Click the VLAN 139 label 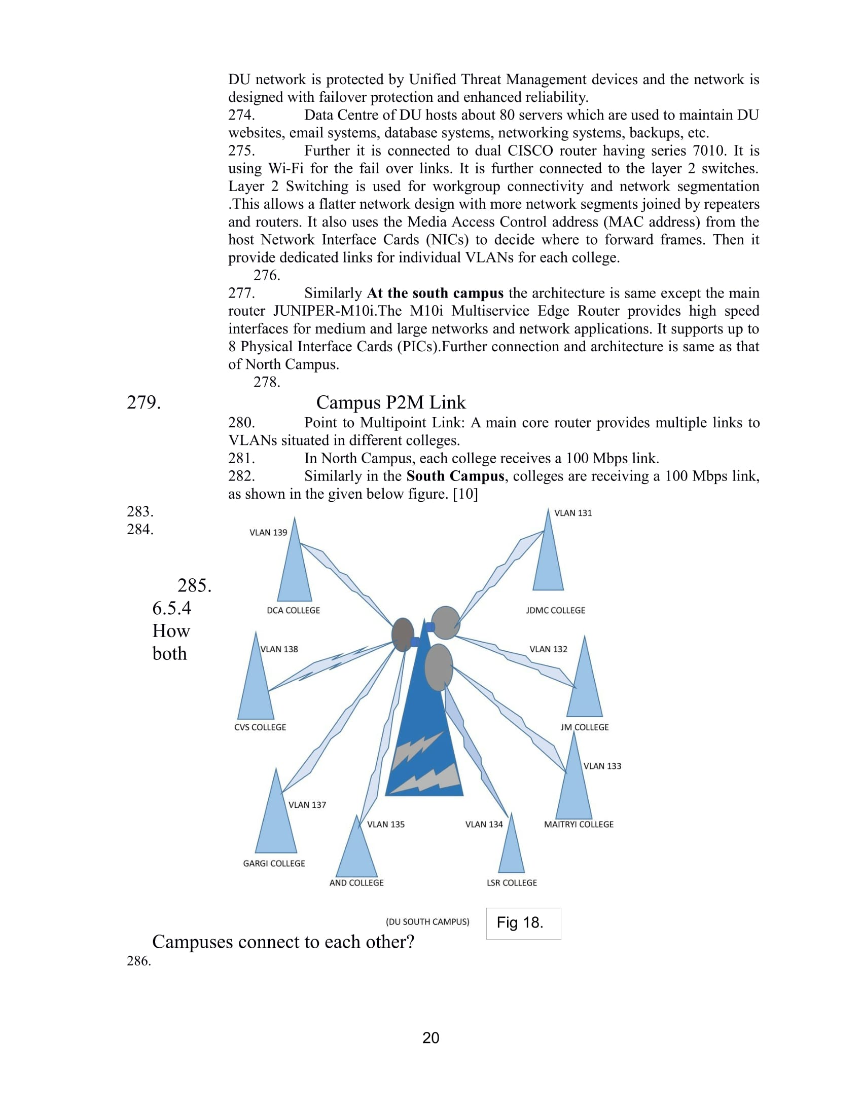[268, 533]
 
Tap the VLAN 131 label [573, 513]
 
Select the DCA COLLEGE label [293, 610]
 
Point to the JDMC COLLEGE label [556, 610]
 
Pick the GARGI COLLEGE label [274, 863]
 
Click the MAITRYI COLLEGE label [579, 824]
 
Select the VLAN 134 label [484, 824]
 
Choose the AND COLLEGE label [356, 883]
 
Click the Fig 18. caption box [523, 923]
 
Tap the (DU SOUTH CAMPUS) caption [427, 921]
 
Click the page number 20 [431, 1037]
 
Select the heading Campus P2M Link [390, 402]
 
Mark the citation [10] [465, 494]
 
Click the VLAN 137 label [307, 805]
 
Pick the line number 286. [139, 961]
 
